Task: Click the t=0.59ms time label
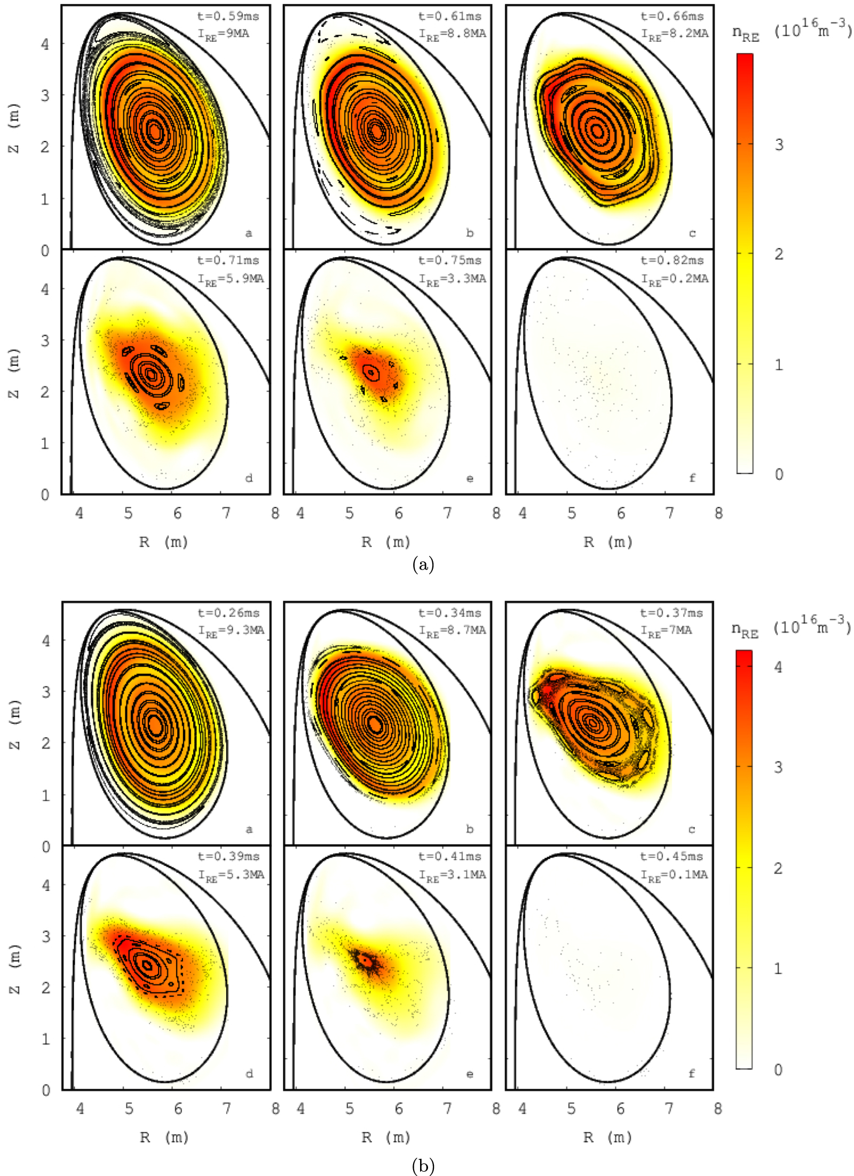coord(228,17)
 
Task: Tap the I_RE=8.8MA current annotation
coord(452,34)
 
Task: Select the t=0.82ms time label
coord(672,261)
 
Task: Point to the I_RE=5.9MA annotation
coord(231,279)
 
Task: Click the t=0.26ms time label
coord(228,613)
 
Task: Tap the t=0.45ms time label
coord(672,856)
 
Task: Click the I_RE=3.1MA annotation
coord(452,875)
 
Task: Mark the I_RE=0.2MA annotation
coord(675,279)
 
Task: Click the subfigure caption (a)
coord(423,564)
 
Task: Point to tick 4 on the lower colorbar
coord(778,667)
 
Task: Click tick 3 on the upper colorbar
coord(779,145)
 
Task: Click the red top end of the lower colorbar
coord(744,654)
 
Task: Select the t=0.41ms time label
coord(450,856)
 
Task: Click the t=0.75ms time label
coord(450,261)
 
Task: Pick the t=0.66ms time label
coord(672,17)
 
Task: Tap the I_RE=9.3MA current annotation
coord(231,630)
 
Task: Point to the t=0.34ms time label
coord(450,613)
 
